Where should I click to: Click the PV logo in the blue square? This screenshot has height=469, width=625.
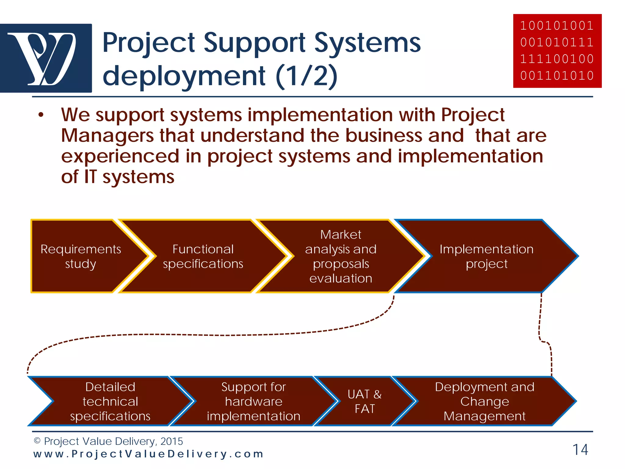46,58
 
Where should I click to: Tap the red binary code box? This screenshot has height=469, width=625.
557,51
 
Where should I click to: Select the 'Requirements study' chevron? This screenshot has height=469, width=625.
81,256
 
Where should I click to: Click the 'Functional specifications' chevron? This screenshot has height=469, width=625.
203,256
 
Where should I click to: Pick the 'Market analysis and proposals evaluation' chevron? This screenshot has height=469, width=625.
341,256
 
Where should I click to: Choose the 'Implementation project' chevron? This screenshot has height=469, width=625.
486,256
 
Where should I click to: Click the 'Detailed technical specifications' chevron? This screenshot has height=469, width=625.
110,401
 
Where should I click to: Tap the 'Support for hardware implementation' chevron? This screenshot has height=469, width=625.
254,401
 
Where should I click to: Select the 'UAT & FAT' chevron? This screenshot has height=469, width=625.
365,401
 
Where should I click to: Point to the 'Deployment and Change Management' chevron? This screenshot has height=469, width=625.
485,401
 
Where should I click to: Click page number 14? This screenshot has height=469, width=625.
580,450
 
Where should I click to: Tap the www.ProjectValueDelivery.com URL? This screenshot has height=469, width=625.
148,454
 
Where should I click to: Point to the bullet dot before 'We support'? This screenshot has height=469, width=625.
41,115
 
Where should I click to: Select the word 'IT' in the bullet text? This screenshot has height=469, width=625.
90,177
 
